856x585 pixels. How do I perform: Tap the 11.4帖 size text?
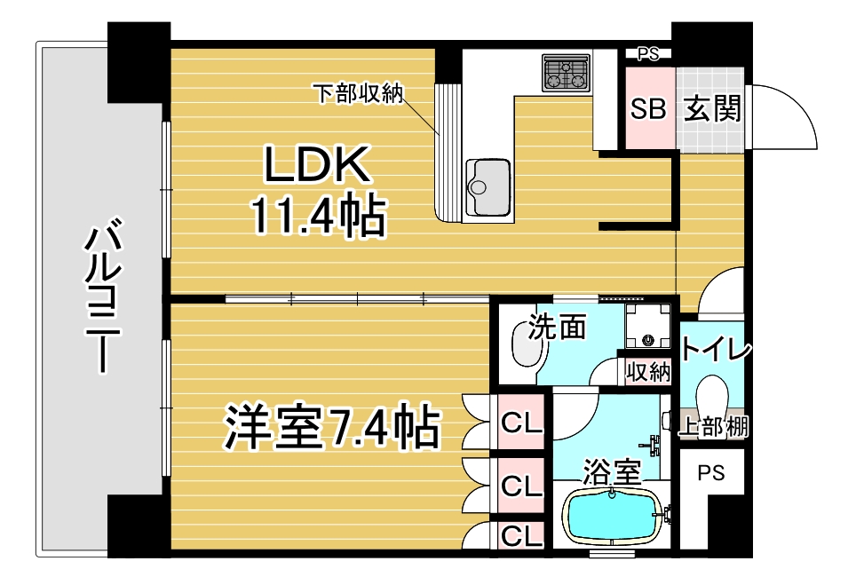coord(318,216)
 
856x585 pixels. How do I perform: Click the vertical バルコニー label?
coord(103,296)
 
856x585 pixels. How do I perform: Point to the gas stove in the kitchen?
coord(567,72)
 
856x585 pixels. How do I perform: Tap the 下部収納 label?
coord(358,93)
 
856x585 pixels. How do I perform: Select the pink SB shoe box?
coord(648,108)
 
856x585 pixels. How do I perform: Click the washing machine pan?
coord(648,326)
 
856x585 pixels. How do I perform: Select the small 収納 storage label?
coord(648,373)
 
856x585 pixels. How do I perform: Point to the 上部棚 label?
coord(713,426)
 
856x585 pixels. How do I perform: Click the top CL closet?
coord(521,422)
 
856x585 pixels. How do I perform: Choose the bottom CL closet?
coord(521,535)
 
